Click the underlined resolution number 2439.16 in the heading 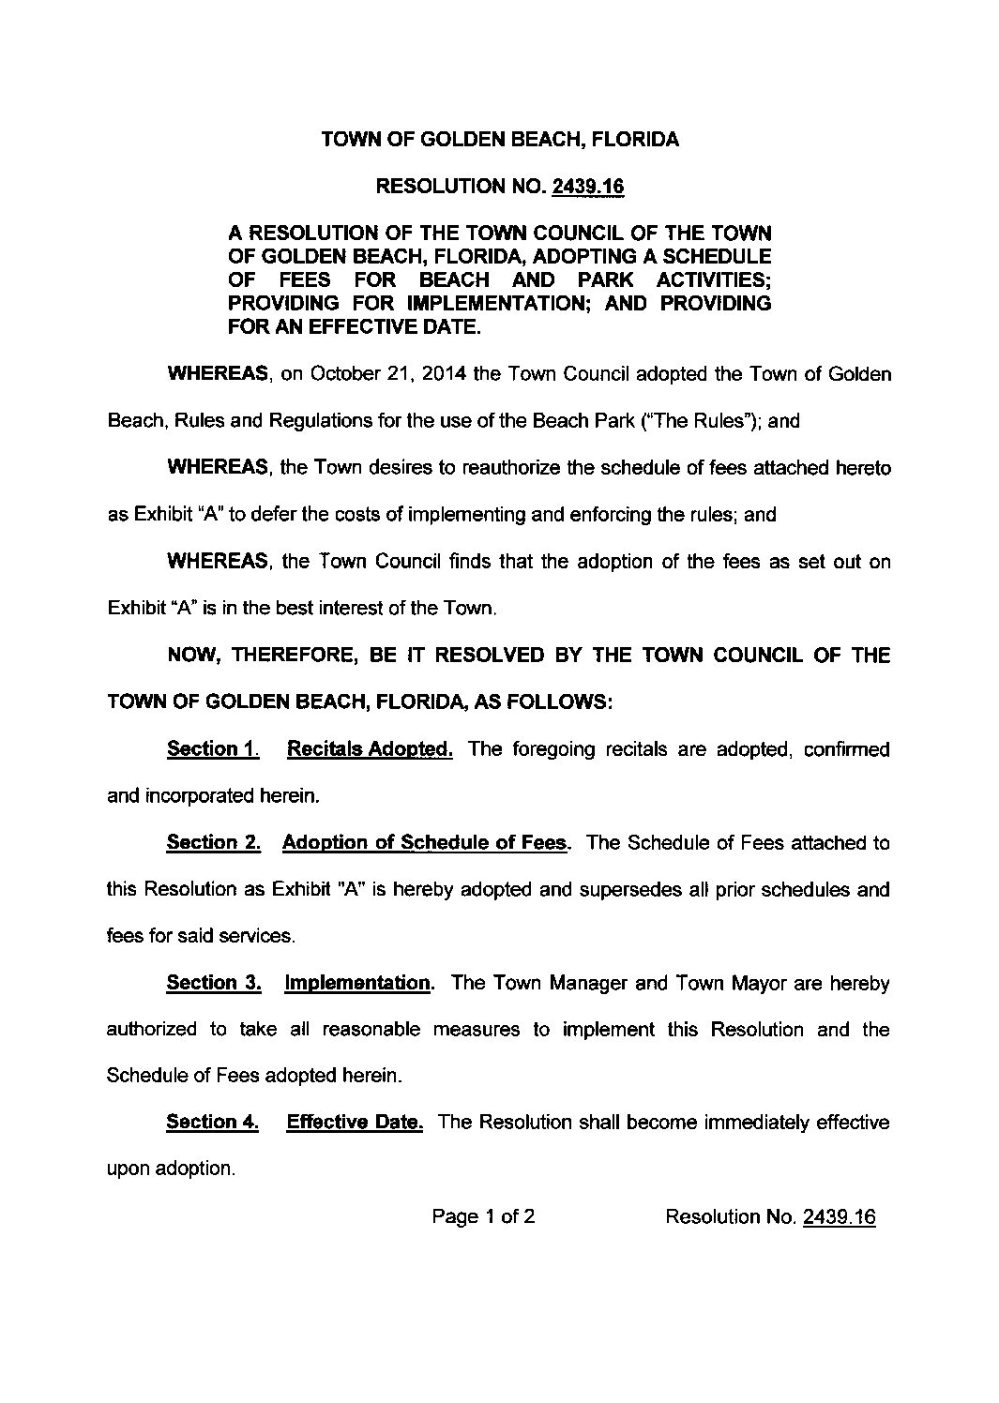[x=587, y=188]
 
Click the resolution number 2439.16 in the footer [x=839, y=1217]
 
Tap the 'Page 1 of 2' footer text [x=483, y=1217]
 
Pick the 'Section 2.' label [x=213, y=843]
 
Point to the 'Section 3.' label [x=213, y=984]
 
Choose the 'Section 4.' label [x=212, y=1123]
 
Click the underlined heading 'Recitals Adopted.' [x=370, y=749]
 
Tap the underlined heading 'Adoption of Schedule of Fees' [x=425, y=843]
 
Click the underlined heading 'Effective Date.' [x=355, y=1123]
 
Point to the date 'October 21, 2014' [x=388, y=375]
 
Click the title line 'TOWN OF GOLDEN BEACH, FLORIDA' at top [x=500, y=141]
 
